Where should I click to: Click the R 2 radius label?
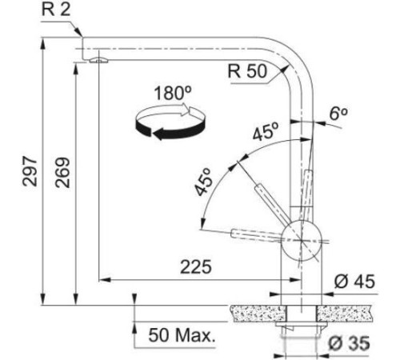pos(56,10)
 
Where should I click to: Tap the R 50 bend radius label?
pos(247,71)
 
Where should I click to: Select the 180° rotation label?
pos(173,93)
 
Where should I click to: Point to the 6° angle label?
pos(338,114)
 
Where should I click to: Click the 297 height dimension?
pos(30,171)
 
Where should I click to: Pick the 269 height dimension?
pos(62,173)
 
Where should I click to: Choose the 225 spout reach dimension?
pos(196,267)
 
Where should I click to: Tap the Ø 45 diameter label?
pos(354,282)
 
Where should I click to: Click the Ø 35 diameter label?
pos(349,342)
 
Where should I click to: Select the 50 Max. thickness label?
pos(182,335)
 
